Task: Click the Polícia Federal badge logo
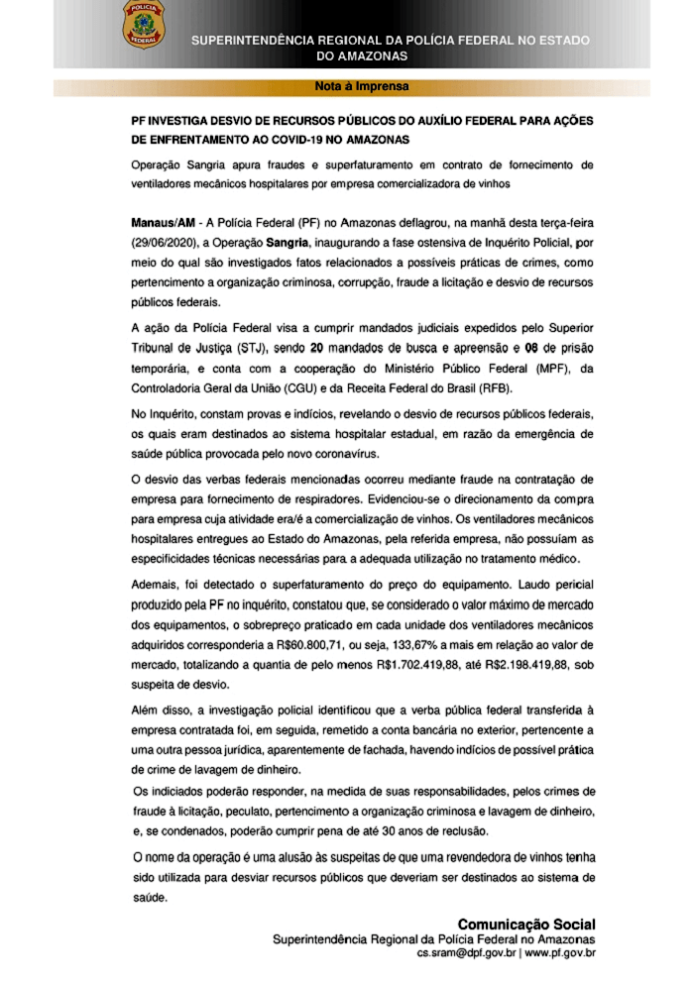click(144, 24)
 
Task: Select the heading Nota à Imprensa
click(362, 86)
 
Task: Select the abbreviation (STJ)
click(255, 348)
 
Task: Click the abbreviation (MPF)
click(542, 368)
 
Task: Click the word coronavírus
click(345, 453)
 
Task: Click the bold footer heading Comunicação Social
click(525, 924)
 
